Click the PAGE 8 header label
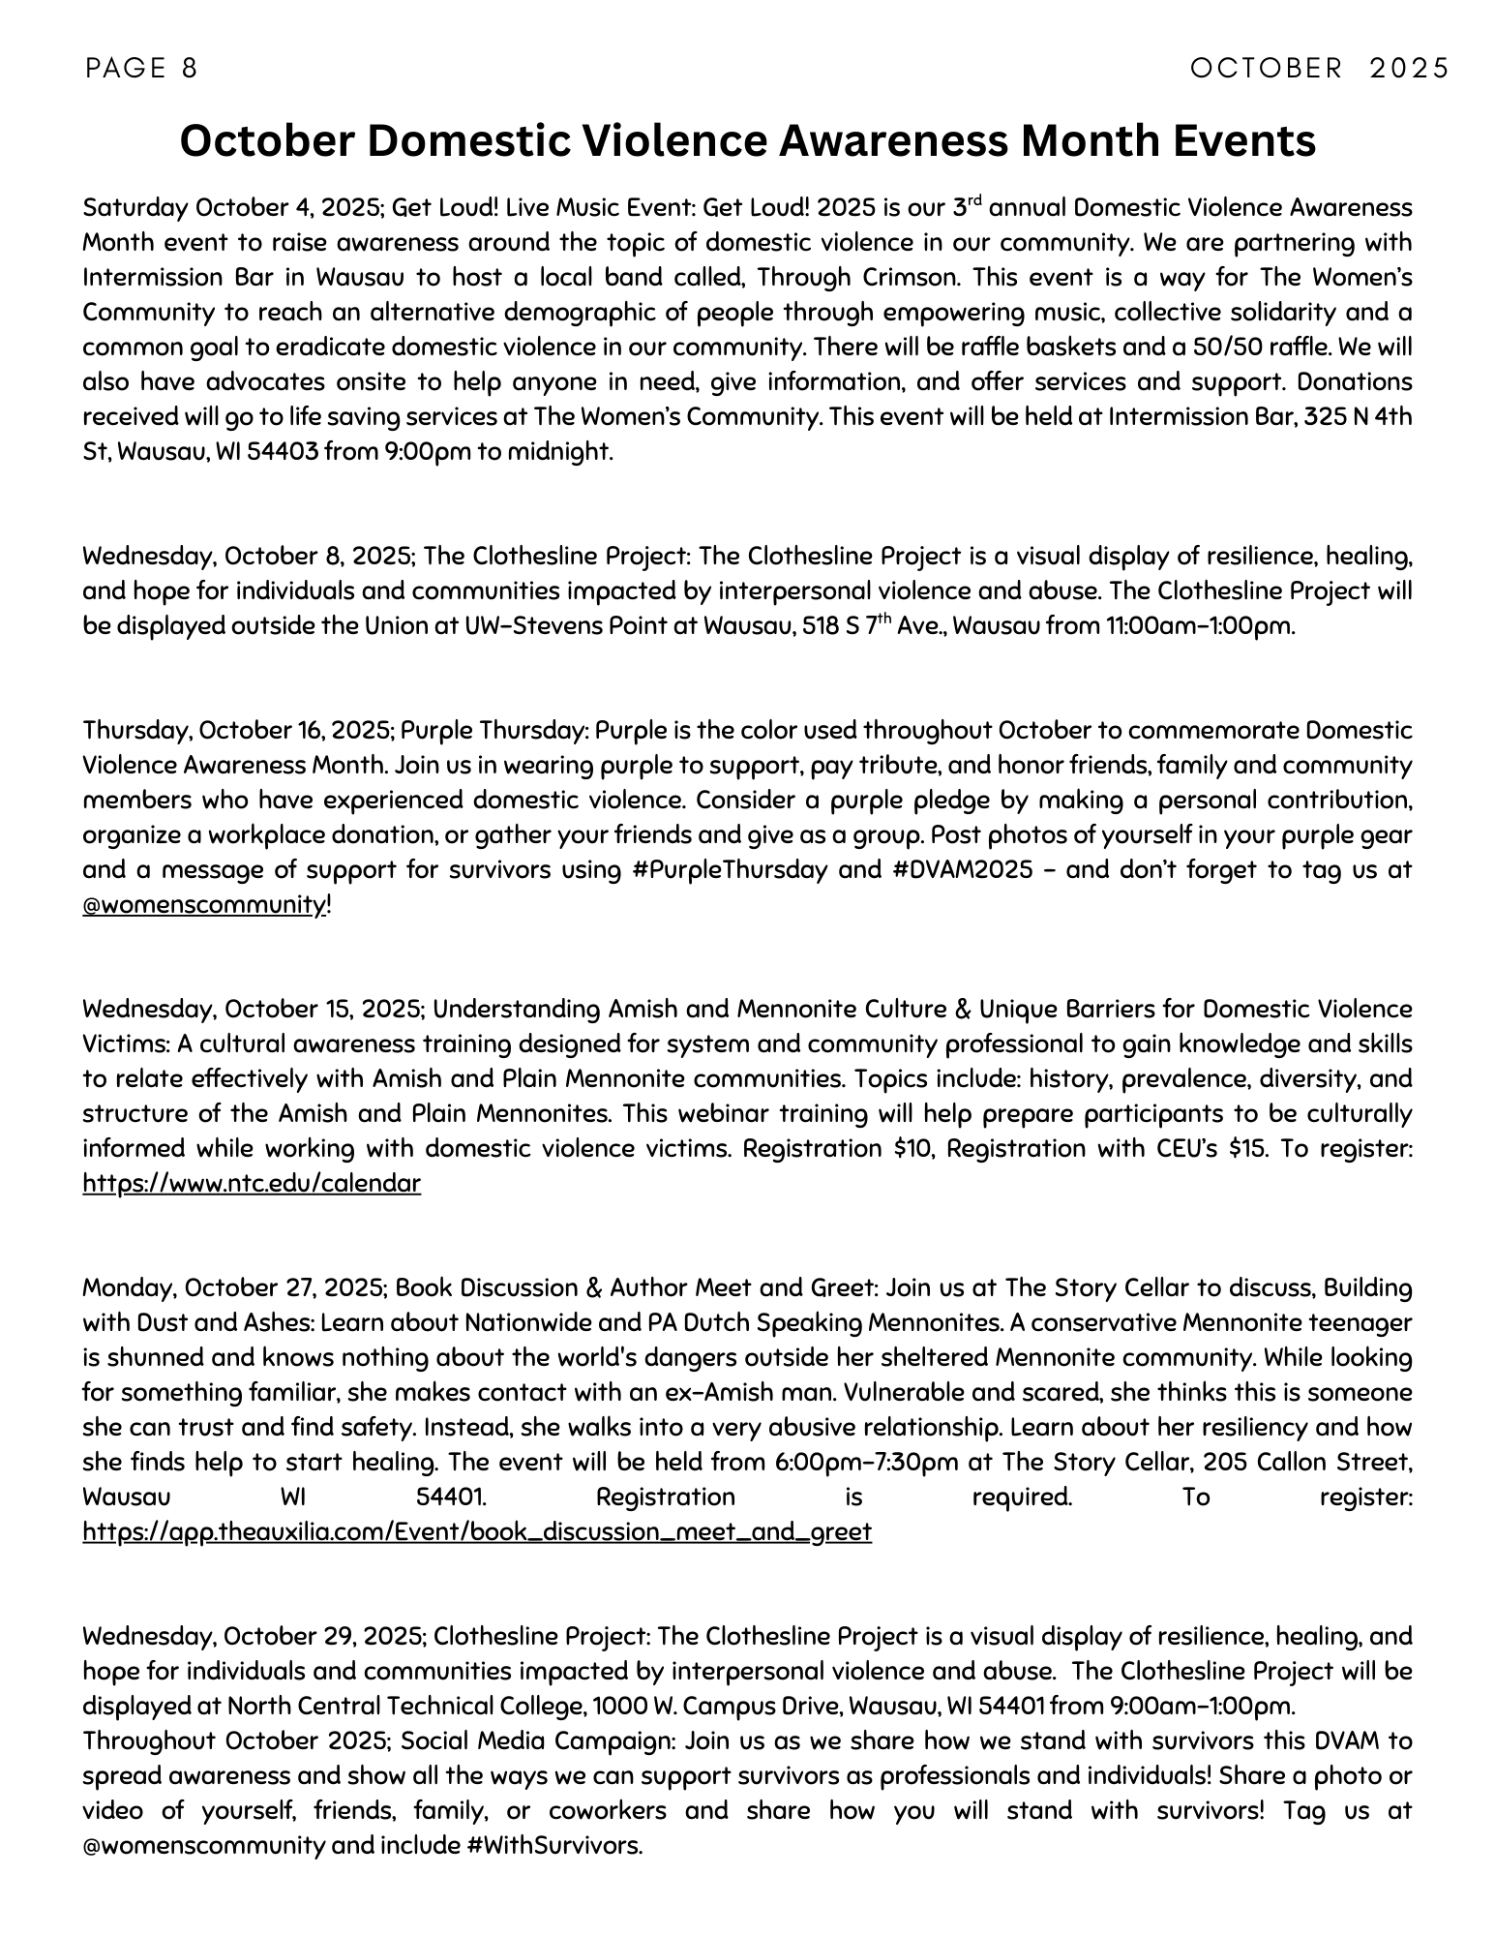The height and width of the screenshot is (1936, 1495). tap(141, 68)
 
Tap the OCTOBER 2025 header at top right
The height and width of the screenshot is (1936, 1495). tap(1320, 68)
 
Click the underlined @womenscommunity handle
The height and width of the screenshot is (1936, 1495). tap(204, 905)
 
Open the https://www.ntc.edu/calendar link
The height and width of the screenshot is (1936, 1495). tap(252, 1184)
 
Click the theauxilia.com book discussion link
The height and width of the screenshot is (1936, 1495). tap(477, 1532)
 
